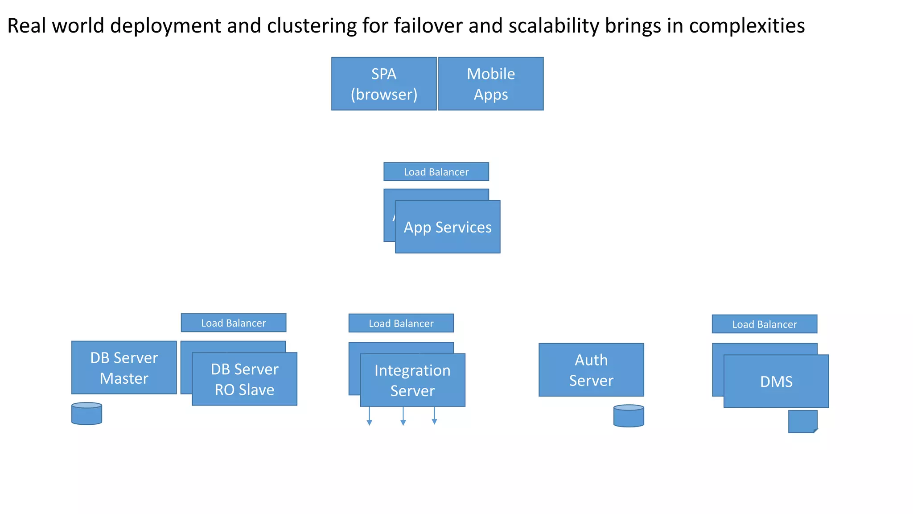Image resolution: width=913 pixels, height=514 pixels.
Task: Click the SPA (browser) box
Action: (x=384, y=83)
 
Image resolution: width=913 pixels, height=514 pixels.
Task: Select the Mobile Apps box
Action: (x=491, y=83)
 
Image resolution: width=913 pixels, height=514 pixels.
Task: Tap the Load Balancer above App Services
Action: (x=436, y=172)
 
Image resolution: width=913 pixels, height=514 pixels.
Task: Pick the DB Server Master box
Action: (x=124, y=368)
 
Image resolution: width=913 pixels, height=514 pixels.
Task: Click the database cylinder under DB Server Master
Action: (x=86, y=414)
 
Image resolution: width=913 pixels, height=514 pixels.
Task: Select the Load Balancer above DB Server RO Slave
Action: (x=233, y=323)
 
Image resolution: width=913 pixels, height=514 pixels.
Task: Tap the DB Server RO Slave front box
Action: (x=244, y=379)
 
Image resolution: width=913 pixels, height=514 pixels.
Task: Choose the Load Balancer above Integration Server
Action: (x=401, y=323)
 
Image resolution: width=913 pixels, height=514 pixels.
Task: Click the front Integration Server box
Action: (x=412, y=380)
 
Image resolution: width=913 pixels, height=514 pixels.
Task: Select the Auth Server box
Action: (x=591, y=370)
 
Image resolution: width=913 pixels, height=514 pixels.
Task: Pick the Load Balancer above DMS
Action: (x=764, y=324)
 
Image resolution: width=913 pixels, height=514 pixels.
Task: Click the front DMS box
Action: (x=776, y=381)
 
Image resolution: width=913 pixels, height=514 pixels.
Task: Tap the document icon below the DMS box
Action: (x=802, y=422)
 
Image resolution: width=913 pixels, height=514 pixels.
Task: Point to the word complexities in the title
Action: (x=747, y=26)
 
